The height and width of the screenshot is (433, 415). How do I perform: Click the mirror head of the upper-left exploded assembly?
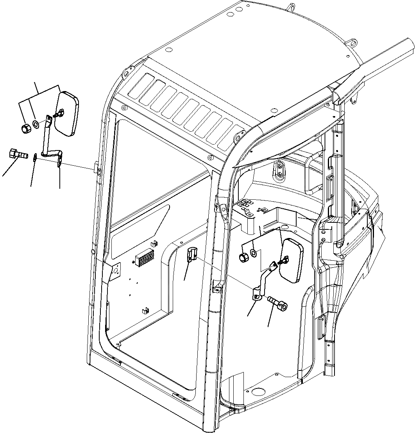click(67, 114)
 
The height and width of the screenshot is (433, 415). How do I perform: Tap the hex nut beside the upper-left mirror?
click(25, 129)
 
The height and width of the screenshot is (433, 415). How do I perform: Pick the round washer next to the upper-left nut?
click(35, 124)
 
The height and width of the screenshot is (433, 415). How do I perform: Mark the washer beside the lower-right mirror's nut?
click(253, 253)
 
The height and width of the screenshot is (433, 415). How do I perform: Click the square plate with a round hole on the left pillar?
click(116, 270)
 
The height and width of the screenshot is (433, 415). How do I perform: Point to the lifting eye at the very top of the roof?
click(291, 7)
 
